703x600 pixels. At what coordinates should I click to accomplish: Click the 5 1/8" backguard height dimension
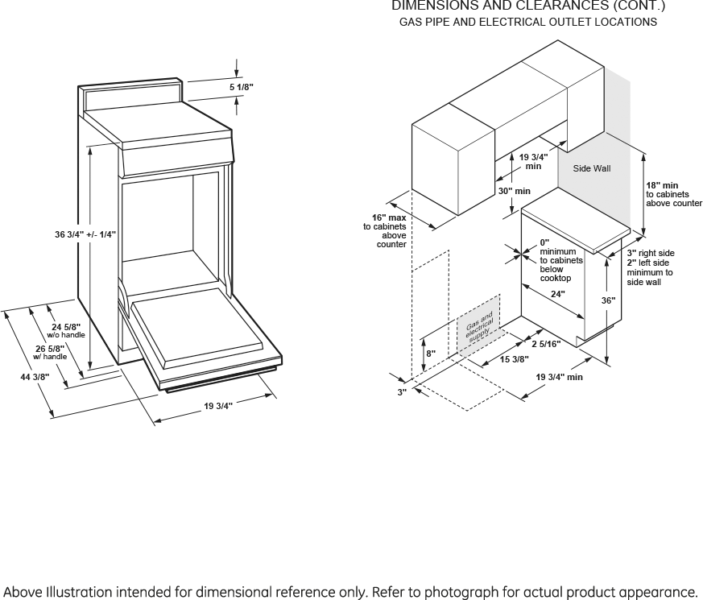(242, 86)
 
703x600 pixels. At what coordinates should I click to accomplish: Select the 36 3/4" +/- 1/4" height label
(85, 234)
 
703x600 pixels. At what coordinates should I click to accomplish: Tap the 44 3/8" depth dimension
(35, 377)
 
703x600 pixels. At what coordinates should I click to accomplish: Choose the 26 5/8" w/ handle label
(50, 352)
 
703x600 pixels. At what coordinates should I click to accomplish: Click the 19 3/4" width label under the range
(217, 406)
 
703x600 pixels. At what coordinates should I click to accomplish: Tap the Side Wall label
(592, 169)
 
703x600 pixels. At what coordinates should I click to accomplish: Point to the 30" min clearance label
(514, 192)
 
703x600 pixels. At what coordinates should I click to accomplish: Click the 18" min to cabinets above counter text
(673, 195)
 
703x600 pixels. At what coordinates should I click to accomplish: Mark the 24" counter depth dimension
(557, 294)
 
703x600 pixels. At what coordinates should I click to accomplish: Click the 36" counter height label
(608, 300)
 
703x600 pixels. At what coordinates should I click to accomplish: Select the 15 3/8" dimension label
(514, 359)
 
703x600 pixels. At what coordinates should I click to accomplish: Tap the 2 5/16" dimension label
(545, 345)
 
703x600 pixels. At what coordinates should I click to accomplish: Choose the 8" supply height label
(431, 354)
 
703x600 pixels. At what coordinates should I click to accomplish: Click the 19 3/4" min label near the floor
(559, 377)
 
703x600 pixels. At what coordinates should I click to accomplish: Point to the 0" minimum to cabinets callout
(560, 260)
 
